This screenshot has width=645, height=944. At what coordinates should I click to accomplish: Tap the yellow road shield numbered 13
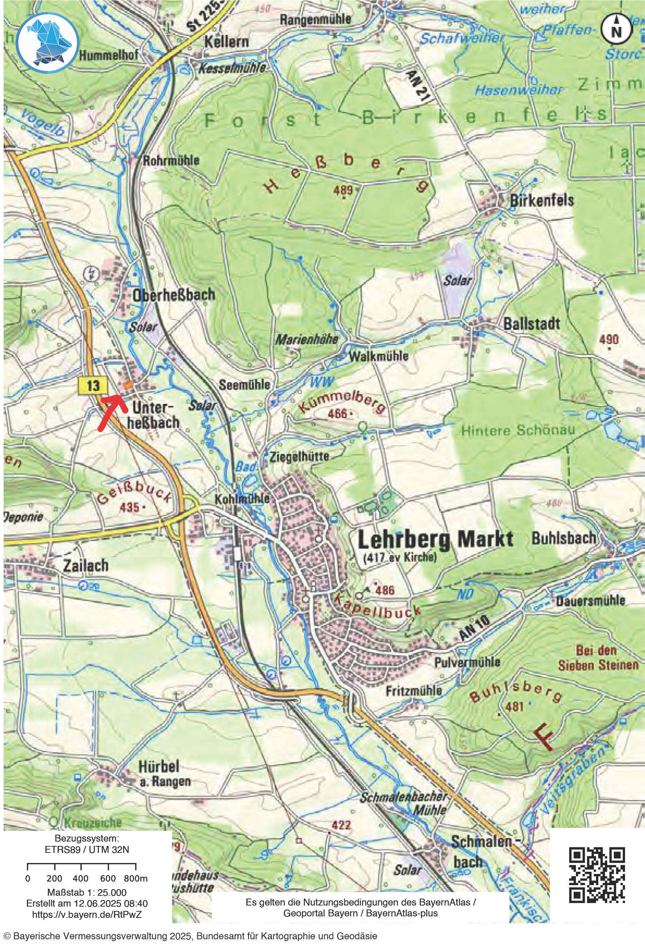coord(93,385)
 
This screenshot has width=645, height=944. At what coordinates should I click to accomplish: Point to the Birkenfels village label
coord(541,200)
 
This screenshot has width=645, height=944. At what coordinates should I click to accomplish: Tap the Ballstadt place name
coord(531,324)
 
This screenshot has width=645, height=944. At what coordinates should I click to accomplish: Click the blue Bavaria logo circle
coord(48,42)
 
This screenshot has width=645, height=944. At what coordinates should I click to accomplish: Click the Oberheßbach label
coord(174,295)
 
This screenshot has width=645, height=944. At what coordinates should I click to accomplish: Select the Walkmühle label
coord(378,356)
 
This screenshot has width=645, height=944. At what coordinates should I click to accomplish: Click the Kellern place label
coord(226,41)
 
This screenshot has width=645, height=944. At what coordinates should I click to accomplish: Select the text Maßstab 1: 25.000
coord(87,892)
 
